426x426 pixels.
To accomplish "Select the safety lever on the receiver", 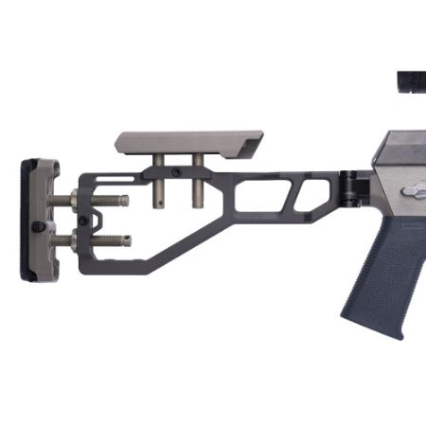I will tap(414, 191).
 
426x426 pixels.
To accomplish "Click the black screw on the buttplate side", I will tap(38, 226).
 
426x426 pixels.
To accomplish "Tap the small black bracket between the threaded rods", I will tap(94, 221).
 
